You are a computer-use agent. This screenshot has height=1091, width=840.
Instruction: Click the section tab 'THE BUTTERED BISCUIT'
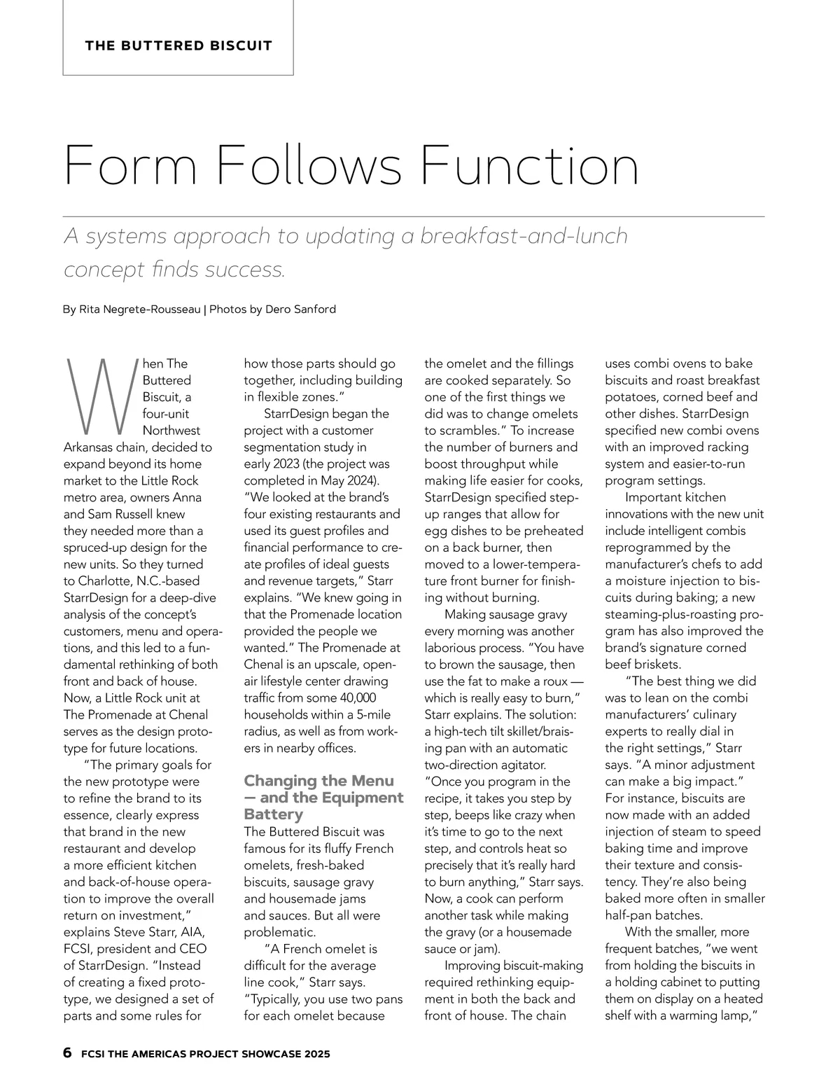click(x=178, y=46)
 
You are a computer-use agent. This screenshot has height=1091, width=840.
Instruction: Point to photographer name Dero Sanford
click(x=301, y=309)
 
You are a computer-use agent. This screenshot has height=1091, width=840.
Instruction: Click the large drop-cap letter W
click(x=98, y=396)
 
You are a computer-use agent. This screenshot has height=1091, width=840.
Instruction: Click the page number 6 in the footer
click(x=68, y=1052)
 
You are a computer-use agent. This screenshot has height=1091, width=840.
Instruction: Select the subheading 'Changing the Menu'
click(x=318, y=781)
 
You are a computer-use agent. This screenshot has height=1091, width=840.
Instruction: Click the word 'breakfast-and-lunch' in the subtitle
click(x=524, y=236)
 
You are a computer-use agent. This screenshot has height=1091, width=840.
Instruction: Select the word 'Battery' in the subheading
click(x=274, y=814)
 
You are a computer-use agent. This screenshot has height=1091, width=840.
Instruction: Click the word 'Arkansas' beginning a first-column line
click(x=91, y=447)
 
